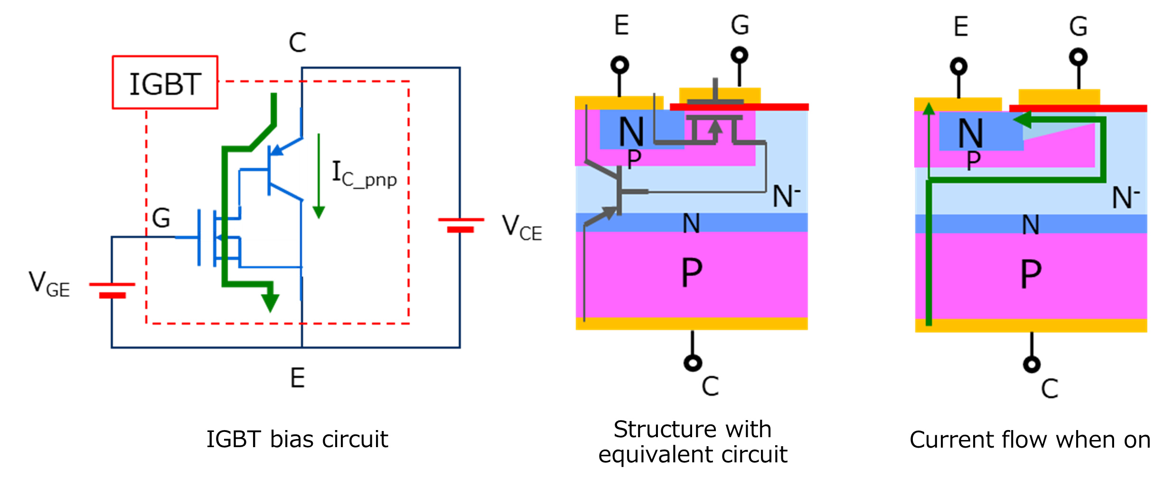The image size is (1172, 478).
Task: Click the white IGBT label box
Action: click(165, 83)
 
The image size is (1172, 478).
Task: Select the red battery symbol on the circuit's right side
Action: click(461, 225)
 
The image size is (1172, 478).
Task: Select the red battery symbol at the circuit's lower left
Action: click(113, 291)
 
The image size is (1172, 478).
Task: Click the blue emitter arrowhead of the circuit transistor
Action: click(278, 151)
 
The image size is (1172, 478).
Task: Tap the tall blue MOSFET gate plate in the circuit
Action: click(199, 237)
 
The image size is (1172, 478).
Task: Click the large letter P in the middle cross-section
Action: click(692, 273)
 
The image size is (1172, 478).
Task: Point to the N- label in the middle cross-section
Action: click(786, 196)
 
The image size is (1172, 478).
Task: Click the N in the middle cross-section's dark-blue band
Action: click(691, 223)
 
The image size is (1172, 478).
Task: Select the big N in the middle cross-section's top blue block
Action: click(631, 131)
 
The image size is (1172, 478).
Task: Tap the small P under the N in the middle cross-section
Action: click(634, 159)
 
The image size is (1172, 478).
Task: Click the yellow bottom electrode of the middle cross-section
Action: click(692, 324)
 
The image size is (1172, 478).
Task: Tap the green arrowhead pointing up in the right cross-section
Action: click(929, 109)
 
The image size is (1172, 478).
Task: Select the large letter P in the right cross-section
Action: click(1031, 274)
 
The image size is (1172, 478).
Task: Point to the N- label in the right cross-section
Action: click(1125, 197)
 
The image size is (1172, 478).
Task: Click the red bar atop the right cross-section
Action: click(1078, 108)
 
